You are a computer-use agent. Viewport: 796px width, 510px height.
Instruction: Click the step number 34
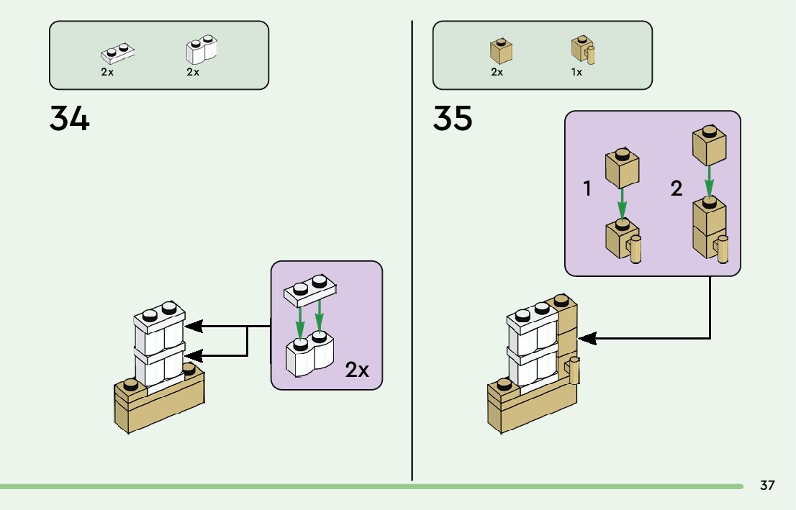tap(70, 119)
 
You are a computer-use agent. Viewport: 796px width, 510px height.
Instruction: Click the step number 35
tap(453, 119)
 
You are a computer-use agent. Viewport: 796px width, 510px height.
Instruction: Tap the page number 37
tap(767, 486)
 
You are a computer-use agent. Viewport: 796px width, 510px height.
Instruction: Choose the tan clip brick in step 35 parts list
tap(583, 50)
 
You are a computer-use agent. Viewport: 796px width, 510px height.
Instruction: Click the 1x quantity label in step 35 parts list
tap(576, 73)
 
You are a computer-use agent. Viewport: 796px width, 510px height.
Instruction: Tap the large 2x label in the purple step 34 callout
tap(357, 370)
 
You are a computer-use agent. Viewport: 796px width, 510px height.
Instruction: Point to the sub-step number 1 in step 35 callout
tap(587, 189)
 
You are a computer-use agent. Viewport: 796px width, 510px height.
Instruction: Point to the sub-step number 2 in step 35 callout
tap(676, 189)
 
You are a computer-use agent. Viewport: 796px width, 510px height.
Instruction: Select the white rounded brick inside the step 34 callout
tap(310, 354)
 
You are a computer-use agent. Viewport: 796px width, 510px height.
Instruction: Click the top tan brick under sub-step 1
tap(623, 168)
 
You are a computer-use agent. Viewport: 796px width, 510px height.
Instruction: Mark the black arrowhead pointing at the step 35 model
tap(586, 337)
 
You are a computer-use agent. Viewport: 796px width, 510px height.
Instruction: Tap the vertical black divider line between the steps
tap(412, 252)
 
